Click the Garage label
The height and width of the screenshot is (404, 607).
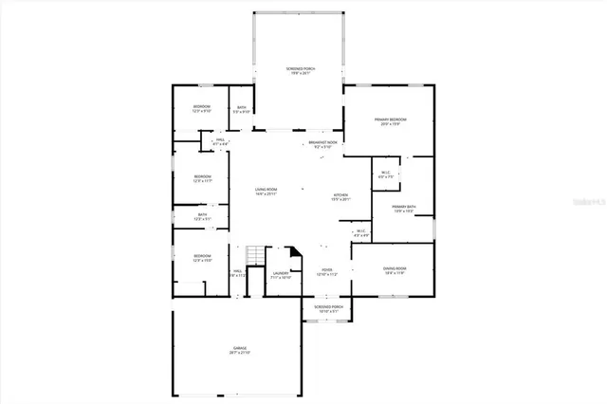[240, 350]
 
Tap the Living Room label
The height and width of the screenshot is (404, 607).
[266, 193]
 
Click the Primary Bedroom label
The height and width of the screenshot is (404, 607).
[392, 121]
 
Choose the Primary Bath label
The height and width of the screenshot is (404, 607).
[403, 209]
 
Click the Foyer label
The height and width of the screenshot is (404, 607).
[326, 271]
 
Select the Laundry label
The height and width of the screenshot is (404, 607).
[280, 275]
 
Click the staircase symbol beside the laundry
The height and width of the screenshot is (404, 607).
[253, 256]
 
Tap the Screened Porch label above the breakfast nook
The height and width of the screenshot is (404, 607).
[300, 72]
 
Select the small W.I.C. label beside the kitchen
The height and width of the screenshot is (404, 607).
[360, 233]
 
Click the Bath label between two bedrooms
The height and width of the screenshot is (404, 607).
[203, 216]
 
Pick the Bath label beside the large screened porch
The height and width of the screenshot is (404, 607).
[242, 109]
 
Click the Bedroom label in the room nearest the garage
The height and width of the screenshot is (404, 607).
[202, 258]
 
